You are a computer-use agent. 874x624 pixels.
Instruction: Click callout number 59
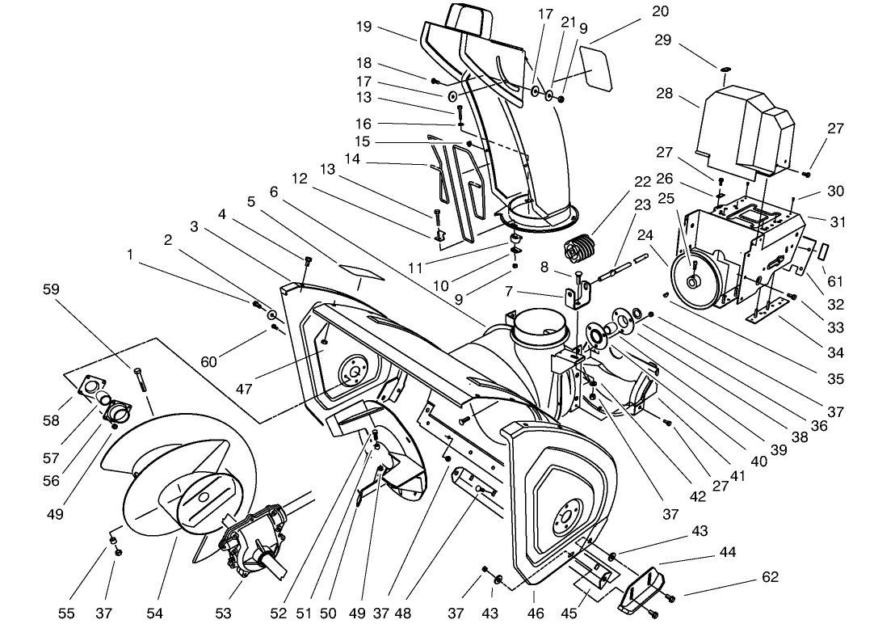click(x=51, y=289)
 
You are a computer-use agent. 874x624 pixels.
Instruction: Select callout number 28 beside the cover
click(x=665, y=93)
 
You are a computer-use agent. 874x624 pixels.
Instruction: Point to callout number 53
click(x=223, y=613)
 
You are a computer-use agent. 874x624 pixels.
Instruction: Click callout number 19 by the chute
click(x=363, y=27)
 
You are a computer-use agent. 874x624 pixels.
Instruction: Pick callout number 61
click(x=835, y=281)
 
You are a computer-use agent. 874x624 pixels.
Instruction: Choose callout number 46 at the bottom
click(x=536, y=613)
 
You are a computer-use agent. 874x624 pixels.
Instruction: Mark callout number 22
click(x=642, y=182)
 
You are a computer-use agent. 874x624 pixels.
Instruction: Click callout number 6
click(x=273, y=192)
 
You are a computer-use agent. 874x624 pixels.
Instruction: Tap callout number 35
click(x=835, y=378)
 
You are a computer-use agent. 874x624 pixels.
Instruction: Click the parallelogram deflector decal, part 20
click(x=596, y=68)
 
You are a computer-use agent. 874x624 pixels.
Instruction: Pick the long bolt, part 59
click(x=141, y=381)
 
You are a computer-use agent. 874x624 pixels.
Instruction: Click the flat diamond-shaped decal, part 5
click(x=359, y=272)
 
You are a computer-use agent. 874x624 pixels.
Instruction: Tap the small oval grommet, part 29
click(x=725, y=70)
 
